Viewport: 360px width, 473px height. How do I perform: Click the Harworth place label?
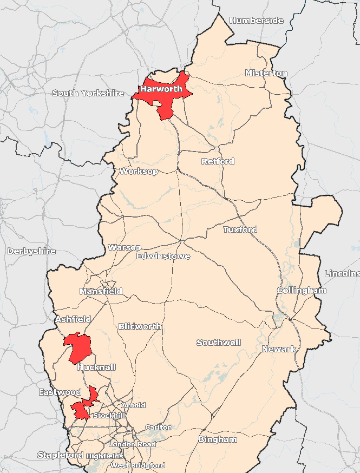161,89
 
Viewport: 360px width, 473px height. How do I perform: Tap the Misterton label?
266,73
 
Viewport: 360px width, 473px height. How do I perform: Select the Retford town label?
218,161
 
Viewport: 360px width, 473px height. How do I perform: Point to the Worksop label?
139,172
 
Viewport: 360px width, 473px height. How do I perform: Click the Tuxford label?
240,229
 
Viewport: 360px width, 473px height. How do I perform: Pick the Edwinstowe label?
163,256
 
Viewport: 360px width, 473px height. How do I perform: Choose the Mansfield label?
101,291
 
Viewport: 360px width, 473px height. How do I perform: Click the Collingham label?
302,291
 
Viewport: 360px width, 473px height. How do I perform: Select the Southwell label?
219,343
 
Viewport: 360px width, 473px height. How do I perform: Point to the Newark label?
279,349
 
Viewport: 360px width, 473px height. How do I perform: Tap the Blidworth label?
140,326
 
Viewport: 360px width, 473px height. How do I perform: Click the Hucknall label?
97,367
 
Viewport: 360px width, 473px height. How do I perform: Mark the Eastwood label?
60,392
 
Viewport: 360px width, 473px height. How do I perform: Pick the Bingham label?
218,439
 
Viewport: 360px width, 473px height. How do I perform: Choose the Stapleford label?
60,455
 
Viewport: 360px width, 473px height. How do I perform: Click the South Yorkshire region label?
88,93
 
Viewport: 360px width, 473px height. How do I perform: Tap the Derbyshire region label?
31,251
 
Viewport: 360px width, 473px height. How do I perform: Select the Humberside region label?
256,21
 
